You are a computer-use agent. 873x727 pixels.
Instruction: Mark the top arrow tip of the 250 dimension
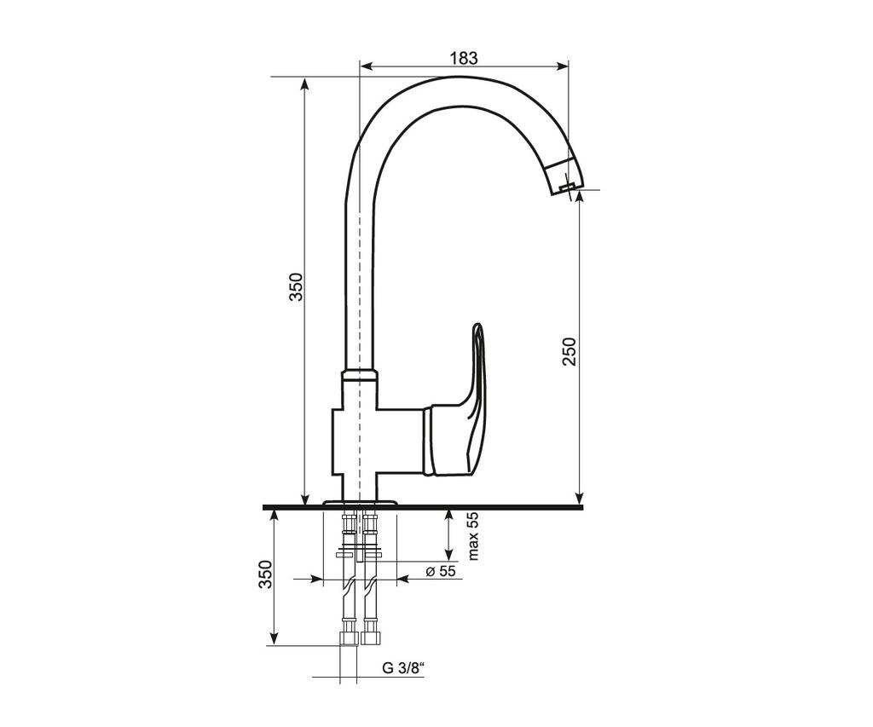click(x=580, y=191)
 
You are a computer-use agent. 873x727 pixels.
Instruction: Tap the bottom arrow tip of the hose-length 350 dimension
click(x=274, y=645)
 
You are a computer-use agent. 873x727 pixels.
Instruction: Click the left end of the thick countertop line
click(x=263, y=507)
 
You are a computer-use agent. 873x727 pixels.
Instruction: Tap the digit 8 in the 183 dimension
click(x=464, y=57)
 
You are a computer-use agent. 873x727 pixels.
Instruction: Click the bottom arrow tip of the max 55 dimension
click(x=448, y=561)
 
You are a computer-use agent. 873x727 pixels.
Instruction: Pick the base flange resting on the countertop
click(x=361, y=503)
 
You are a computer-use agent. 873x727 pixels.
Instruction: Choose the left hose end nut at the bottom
click(x=349, y=638)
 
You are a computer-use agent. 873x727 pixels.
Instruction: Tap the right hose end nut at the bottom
click(x=369, y=638)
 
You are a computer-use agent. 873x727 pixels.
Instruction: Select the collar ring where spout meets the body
click(x=360, y=373)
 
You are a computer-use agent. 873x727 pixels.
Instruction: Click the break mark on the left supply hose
click(x=349, y=585)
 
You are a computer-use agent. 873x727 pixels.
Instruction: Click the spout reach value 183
click(x=464, y=57)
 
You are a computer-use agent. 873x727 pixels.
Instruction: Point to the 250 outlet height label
click(x=569, y=351)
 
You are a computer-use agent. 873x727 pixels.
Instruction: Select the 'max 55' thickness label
click(x=472, y=535)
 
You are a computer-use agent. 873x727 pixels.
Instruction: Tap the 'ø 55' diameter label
click(x=441, y=571)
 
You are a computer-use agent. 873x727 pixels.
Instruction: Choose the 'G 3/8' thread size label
click(x=403, y=667)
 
